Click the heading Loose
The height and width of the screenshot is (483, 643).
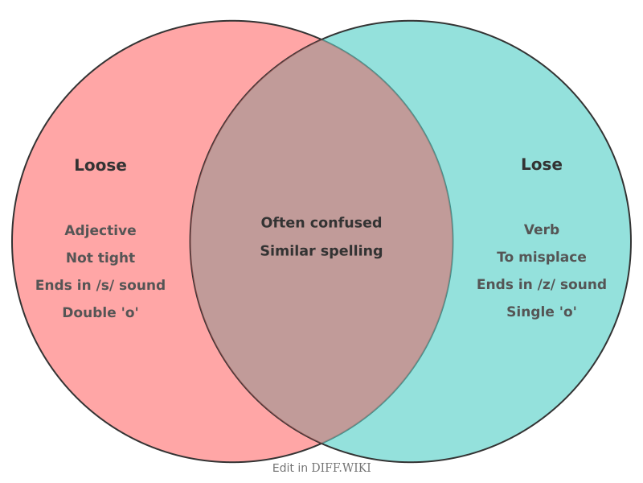100,165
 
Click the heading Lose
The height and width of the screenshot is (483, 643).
542,164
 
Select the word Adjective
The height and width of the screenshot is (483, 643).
100,230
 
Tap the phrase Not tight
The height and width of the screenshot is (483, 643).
100,258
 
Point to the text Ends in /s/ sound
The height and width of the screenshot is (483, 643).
100,285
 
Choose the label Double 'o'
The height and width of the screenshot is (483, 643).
100,312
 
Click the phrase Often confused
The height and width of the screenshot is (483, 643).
321,222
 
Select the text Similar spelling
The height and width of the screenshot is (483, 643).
321,250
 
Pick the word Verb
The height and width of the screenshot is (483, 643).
542,229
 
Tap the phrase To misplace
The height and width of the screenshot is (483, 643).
542,257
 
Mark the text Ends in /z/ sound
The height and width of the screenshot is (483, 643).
542,284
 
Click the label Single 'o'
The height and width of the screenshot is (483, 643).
542,312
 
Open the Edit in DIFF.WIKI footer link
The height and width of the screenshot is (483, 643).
321,468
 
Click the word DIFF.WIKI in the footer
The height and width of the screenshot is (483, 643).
342,468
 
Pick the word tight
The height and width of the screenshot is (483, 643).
118,258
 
